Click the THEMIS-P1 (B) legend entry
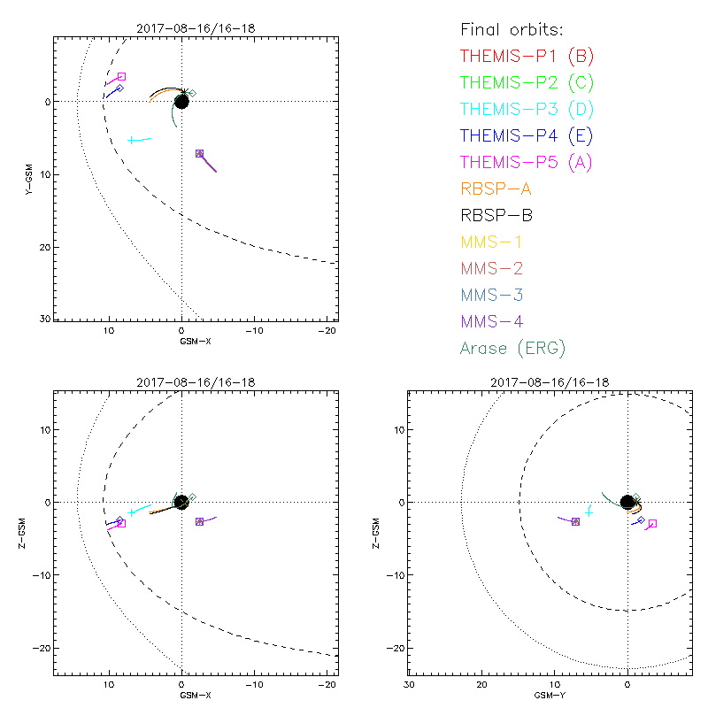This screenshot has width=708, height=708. tap(527, 56)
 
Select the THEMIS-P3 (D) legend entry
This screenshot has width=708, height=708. tap(527, 109)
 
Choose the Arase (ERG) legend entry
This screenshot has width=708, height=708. tap(512, 348)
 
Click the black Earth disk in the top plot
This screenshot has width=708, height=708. tap(181, 101)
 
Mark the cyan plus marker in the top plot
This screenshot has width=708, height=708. tap(131, 140)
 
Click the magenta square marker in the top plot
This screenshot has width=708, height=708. tap(121, 77)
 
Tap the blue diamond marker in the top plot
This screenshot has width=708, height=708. tap(119, 88)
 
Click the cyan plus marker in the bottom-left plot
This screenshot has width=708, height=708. tap(131, 512)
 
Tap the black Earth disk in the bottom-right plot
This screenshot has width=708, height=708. tap(627, 502)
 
